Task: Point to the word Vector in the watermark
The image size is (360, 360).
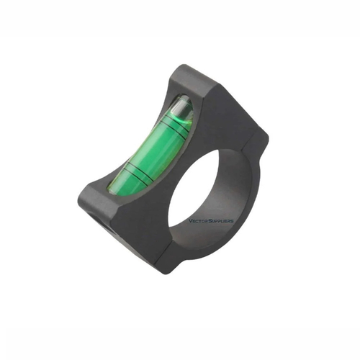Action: tap(199, 222)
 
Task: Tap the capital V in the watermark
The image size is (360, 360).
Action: tap(189, 222)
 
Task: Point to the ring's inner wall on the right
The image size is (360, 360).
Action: tap(241, 194)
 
